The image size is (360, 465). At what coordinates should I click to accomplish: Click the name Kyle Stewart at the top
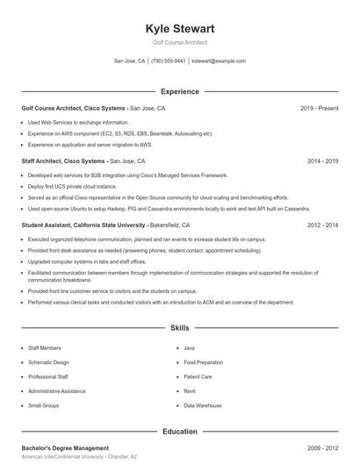[x=180, y=29]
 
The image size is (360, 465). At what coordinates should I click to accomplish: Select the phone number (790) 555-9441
[x=168, y=61]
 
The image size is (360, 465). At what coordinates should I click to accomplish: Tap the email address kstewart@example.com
[x=219, y=61]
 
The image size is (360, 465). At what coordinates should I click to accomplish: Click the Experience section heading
[x=180, y=91]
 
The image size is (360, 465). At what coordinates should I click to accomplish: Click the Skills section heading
[x=180, y=328]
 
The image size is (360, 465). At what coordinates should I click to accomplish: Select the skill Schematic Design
[x=48, y=362]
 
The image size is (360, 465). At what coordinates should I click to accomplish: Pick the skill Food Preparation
[x=204, y=362]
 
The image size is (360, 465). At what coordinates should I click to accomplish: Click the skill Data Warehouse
[x=203, y=405]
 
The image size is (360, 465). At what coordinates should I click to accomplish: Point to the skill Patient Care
[x=198, y=376]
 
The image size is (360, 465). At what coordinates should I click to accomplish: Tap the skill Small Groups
[x=44, y=405]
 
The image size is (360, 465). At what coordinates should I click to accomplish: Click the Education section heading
[x=180, y=431]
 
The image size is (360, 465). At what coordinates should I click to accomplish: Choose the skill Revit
[x=190, y=391]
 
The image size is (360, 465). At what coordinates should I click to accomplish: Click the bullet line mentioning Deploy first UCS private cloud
[x=72, y=187]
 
